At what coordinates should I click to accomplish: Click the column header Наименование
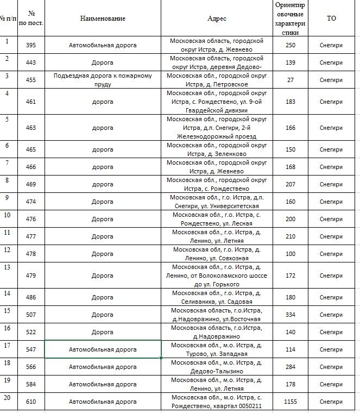(103, 18)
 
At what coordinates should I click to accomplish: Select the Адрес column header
(217, 18)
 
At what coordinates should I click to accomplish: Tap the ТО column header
(331, 18)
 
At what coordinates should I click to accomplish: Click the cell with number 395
(31, 45)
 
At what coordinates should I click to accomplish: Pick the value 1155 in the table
(290, 402)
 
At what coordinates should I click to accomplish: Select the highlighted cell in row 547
(103, 349)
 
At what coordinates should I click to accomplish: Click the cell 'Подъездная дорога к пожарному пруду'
(103, 80)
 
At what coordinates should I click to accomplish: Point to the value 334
(290, 315)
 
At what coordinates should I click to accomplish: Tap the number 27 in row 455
(290, 80)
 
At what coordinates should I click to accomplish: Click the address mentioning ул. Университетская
(217, 202)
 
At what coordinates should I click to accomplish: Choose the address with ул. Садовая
(217, 297)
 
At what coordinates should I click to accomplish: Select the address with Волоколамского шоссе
(217, 276)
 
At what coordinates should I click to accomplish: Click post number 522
(31, 332)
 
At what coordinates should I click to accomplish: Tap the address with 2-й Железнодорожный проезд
(217, 128)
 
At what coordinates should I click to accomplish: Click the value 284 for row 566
(290, 367)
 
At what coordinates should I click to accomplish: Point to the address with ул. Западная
(217, 349)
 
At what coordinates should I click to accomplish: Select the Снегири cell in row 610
(331, 402)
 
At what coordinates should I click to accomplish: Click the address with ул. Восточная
(217, 315)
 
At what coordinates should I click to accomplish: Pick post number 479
(31, 276)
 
